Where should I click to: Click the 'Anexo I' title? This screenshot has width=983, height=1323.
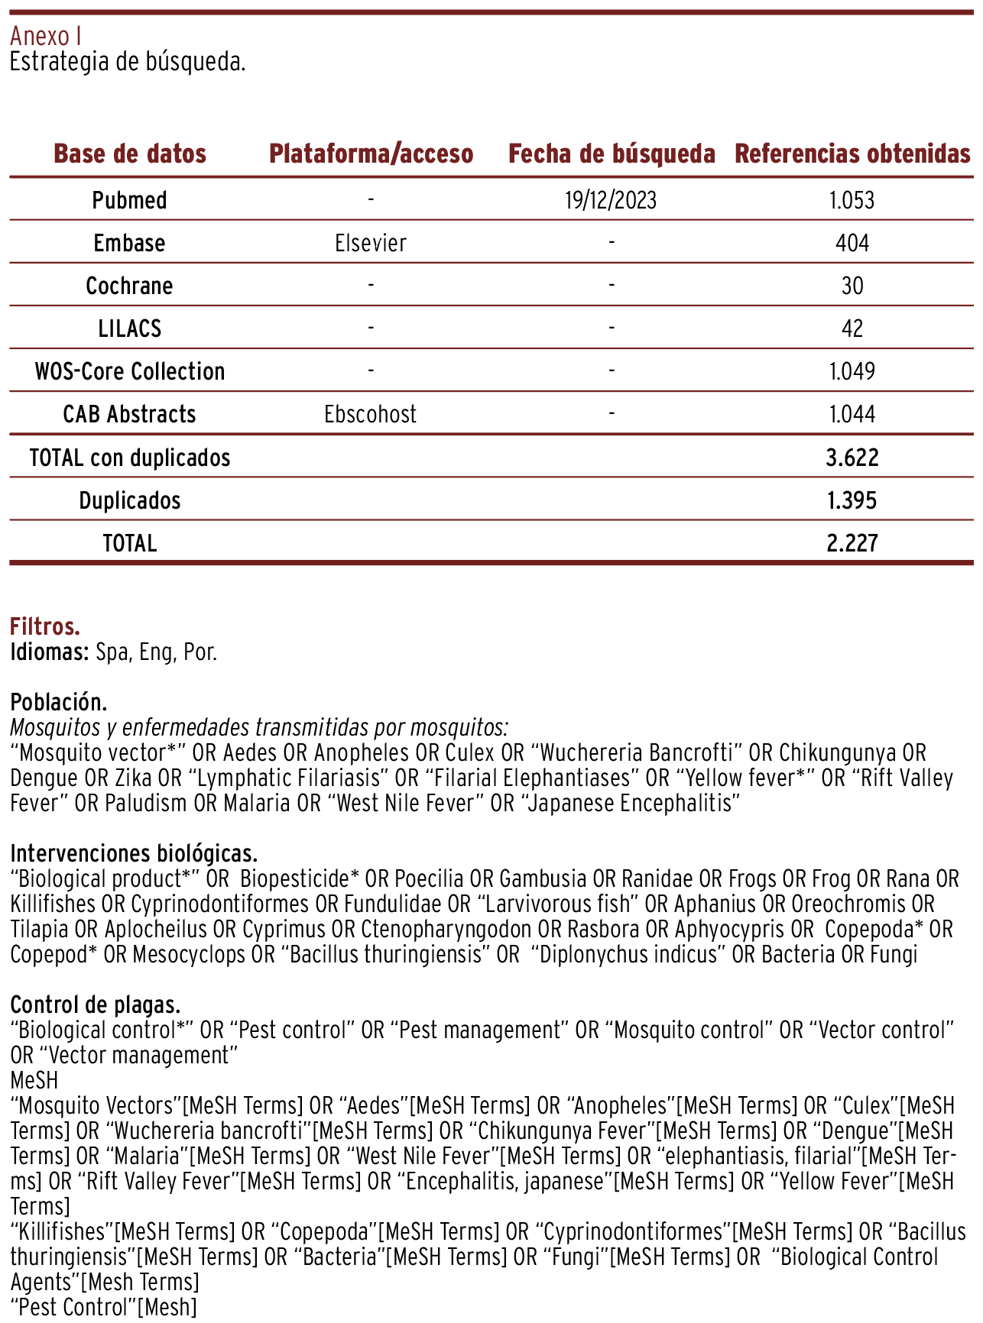(x=46, y=36)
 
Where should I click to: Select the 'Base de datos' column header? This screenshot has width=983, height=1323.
(x=130, y=154)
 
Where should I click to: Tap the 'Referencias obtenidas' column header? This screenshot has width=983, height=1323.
(x=852, y=154)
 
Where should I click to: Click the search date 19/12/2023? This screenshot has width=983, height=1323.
(x=611, y=200)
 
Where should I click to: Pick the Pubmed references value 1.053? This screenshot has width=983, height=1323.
(x=852, y=200)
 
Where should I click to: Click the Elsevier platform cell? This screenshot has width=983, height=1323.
(x=371, y=243)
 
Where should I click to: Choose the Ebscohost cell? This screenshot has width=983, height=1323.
(x=371, y=414)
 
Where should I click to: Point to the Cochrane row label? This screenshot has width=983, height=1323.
(x=129, y=286)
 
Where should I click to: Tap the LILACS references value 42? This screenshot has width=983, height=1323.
(x=852, y=328)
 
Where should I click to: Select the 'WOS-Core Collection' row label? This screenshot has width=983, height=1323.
(x=130, y=371)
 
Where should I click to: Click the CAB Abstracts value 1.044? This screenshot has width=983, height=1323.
(x=852, y=414)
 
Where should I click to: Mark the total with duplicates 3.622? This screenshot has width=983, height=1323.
(x=852, y=458)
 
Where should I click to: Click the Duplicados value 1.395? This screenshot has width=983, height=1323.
(x=852, y=500)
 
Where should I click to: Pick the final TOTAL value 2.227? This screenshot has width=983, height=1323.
(x=852, y=543)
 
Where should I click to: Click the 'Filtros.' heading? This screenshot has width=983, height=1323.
(x=45, y=627)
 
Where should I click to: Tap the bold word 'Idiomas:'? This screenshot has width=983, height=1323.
(x=50, y=653)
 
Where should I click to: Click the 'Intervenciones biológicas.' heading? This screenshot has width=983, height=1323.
(x=134, y=853)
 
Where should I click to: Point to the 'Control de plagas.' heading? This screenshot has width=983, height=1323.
(x=96, y=1004)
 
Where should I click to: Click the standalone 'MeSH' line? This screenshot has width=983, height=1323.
(x=34, y=1080)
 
